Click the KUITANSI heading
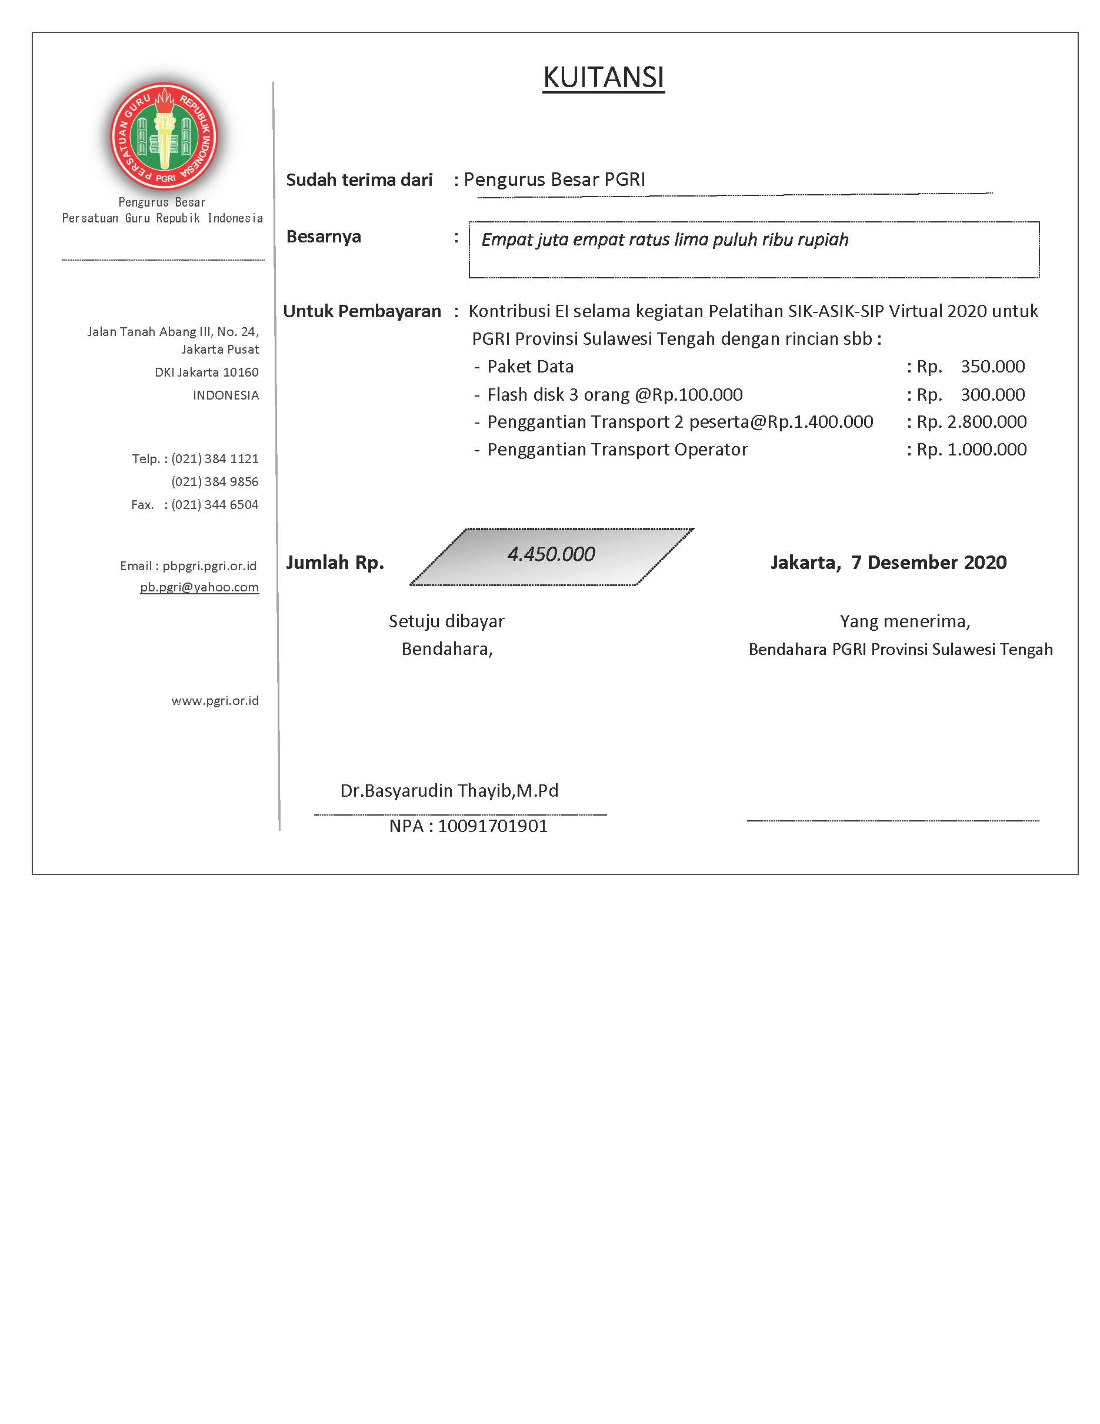point(603,78)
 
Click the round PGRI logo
point(164,138)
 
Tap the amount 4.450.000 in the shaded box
point(551,554)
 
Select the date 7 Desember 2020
point(928,562)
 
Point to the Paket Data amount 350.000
point(992,367)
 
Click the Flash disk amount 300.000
point(992,394)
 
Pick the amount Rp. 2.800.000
point(971,422)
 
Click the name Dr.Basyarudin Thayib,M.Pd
point(449,791)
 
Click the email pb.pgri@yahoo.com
point(199,587)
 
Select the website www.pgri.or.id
point(215,701)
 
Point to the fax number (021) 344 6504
point(214,505)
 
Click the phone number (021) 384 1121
point(214,459)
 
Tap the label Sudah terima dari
point(359,180)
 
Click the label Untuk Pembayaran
point(362,312)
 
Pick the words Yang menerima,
point(905,621)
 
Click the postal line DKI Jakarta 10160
point(206,372)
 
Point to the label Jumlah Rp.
point(335,563)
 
